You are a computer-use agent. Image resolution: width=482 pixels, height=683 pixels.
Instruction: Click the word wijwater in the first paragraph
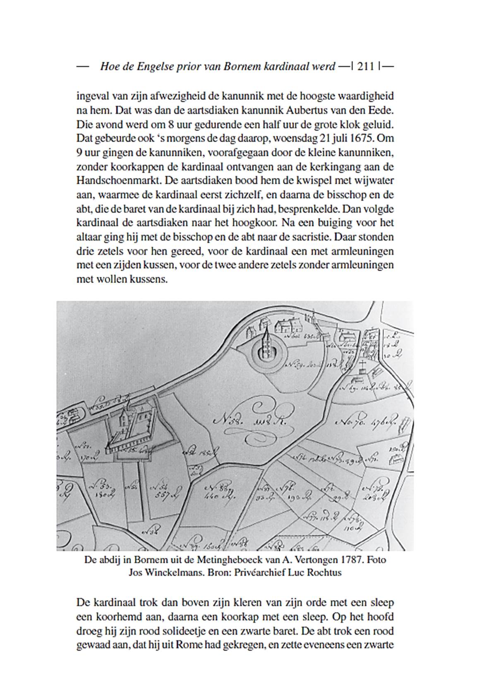click(377, 181)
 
